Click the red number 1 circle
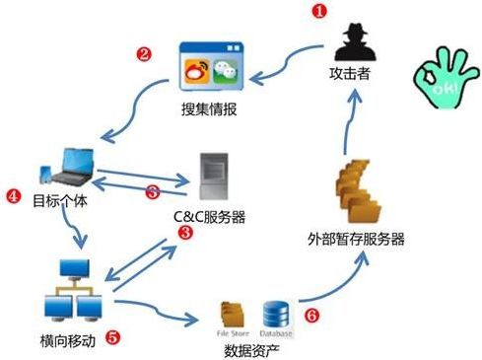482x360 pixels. coord(318,12)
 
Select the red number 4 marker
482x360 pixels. coord(13,195)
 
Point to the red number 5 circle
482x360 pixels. coord(112,336)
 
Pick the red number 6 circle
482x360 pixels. coord(311,318)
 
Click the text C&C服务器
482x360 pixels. coord(210,217)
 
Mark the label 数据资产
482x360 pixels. coord(250,349)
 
